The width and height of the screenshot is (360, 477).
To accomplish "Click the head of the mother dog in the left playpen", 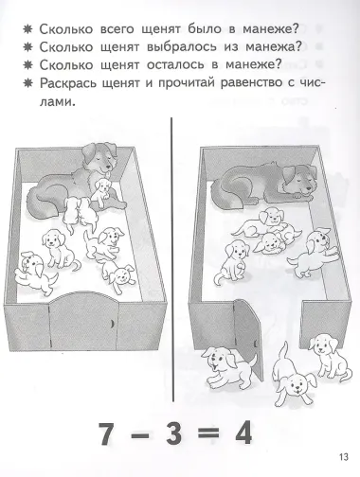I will (99, 150).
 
